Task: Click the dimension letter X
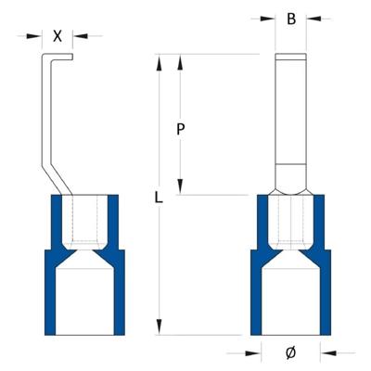58,36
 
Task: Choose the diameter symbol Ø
290,352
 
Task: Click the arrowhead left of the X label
37,36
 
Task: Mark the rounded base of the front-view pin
291,181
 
